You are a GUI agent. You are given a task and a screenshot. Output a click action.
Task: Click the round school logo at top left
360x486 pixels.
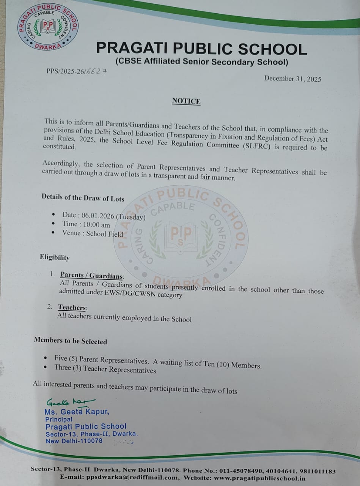pyautogui.click(x=48, y=28)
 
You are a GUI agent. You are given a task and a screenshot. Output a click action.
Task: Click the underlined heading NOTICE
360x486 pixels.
pyautogui.click(x=186, y=101)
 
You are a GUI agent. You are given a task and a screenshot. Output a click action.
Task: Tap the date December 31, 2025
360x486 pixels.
pyautogui.click(x=292, y=79)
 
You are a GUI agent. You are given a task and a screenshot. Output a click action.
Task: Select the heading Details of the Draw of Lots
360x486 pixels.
pyautogui.click(x=83, y=197)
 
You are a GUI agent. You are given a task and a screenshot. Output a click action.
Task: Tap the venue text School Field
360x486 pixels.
pyautogui.click(x=105, y=234)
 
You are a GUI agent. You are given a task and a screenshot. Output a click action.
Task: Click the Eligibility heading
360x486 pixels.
pyautogui.click(x=55, y=257)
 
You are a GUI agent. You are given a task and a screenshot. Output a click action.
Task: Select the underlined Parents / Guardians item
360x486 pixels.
pyautogui.click(x=92, y=276)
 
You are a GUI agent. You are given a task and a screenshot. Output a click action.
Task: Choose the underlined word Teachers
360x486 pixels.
pyautogui.click(x=72, y=308)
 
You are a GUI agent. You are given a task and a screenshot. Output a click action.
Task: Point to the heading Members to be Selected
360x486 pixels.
pyautogui.click(x=71, y=341)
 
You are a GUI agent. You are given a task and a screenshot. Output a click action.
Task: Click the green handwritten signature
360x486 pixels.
pyautogui.click(x=70, y=402)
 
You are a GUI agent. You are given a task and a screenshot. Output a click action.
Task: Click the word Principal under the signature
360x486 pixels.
pyautogui.click(x=59, y=419)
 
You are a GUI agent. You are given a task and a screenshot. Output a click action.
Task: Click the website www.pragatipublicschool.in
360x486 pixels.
pyautogui.click(x=262, y=478)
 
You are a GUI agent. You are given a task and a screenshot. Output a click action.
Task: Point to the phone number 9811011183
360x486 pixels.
pyautogui.click(x=318, y=471)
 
